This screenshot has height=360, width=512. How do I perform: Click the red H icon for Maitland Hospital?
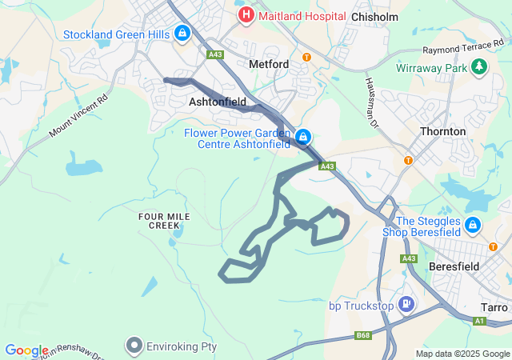coord(246,14)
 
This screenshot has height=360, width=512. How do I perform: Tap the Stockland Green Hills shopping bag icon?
coord(182,33)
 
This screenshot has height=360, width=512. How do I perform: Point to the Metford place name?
coord(269,63)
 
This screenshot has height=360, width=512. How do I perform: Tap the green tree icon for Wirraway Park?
coord(479,66)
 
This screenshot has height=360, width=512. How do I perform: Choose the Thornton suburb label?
coord(442,131)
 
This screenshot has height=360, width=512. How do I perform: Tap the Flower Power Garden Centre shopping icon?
coord(303,138)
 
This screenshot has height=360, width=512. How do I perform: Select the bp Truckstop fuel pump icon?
coord(407,304)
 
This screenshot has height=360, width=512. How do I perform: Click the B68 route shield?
coord(364,334)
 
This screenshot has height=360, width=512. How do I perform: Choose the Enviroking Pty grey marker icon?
coord(134,346)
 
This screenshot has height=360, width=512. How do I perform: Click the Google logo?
coord(26,350)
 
